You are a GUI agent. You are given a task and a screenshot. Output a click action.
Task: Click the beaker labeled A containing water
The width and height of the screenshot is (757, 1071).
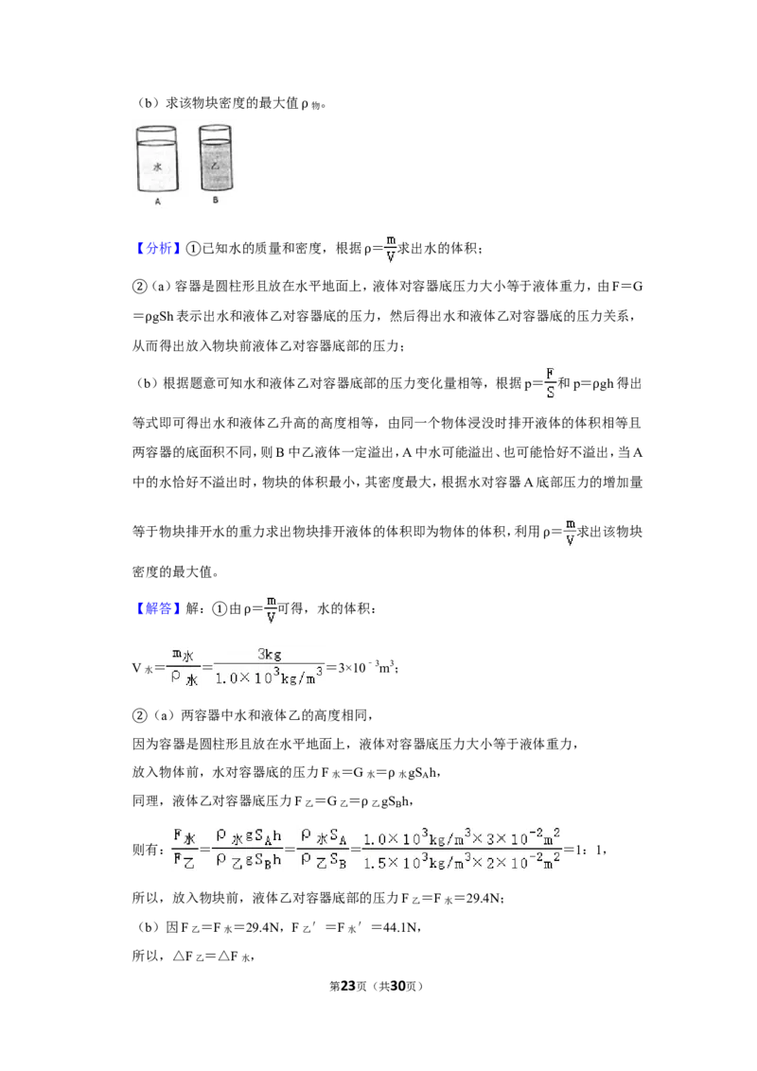pyautogui.click(x=157, y=159)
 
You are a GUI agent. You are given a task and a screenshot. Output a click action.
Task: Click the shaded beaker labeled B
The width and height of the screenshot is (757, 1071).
pyautogui.click(x=215, y=158)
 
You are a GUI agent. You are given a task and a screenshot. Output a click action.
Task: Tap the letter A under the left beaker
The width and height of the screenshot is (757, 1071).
pyautogui.click(x=158, y=202)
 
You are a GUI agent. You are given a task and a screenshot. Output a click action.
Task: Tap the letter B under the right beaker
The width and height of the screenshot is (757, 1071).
pyautogui.click(x=215, y=201)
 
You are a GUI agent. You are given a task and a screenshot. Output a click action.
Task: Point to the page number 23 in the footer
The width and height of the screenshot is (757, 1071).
pyautogui.click(x=348, y=986)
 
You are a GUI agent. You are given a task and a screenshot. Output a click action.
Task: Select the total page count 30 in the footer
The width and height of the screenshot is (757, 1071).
pyautogui.click(x=397, y=986)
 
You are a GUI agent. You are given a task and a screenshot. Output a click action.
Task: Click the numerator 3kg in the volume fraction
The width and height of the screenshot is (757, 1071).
pyautogui.click(x=269, y=654)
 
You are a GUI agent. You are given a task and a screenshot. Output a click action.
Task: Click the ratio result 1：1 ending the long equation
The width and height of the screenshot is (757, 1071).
pyautogui.click(x=589, y=851)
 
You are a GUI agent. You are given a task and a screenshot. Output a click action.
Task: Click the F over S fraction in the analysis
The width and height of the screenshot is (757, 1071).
pyautogui.click(x=550, y=383)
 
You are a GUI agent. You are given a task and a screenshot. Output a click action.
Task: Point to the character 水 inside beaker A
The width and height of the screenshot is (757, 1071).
pyautogui.click(x=157, y=167)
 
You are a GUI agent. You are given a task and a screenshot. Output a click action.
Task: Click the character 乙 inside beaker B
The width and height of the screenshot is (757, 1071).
pyautogui.click(x=215, y=166)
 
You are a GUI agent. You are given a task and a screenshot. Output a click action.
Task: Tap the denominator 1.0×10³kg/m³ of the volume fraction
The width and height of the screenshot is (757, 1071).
pyautogui.click(x=269, y=676)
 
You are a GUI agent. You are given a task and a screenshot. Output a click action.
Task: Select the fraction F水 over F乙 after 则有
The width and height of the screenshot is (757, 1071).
pyautogui.click(x=185, y=849)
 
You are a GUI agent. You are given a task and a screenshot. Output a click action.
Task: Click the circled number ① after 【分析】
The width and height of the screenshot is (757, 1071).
pyautogui.click(x=193, y=249)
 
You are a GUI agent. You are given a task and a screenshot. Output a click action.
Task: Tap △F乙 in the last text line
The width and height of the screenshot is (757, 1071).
pyautogui.click(x=188, y=957)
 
